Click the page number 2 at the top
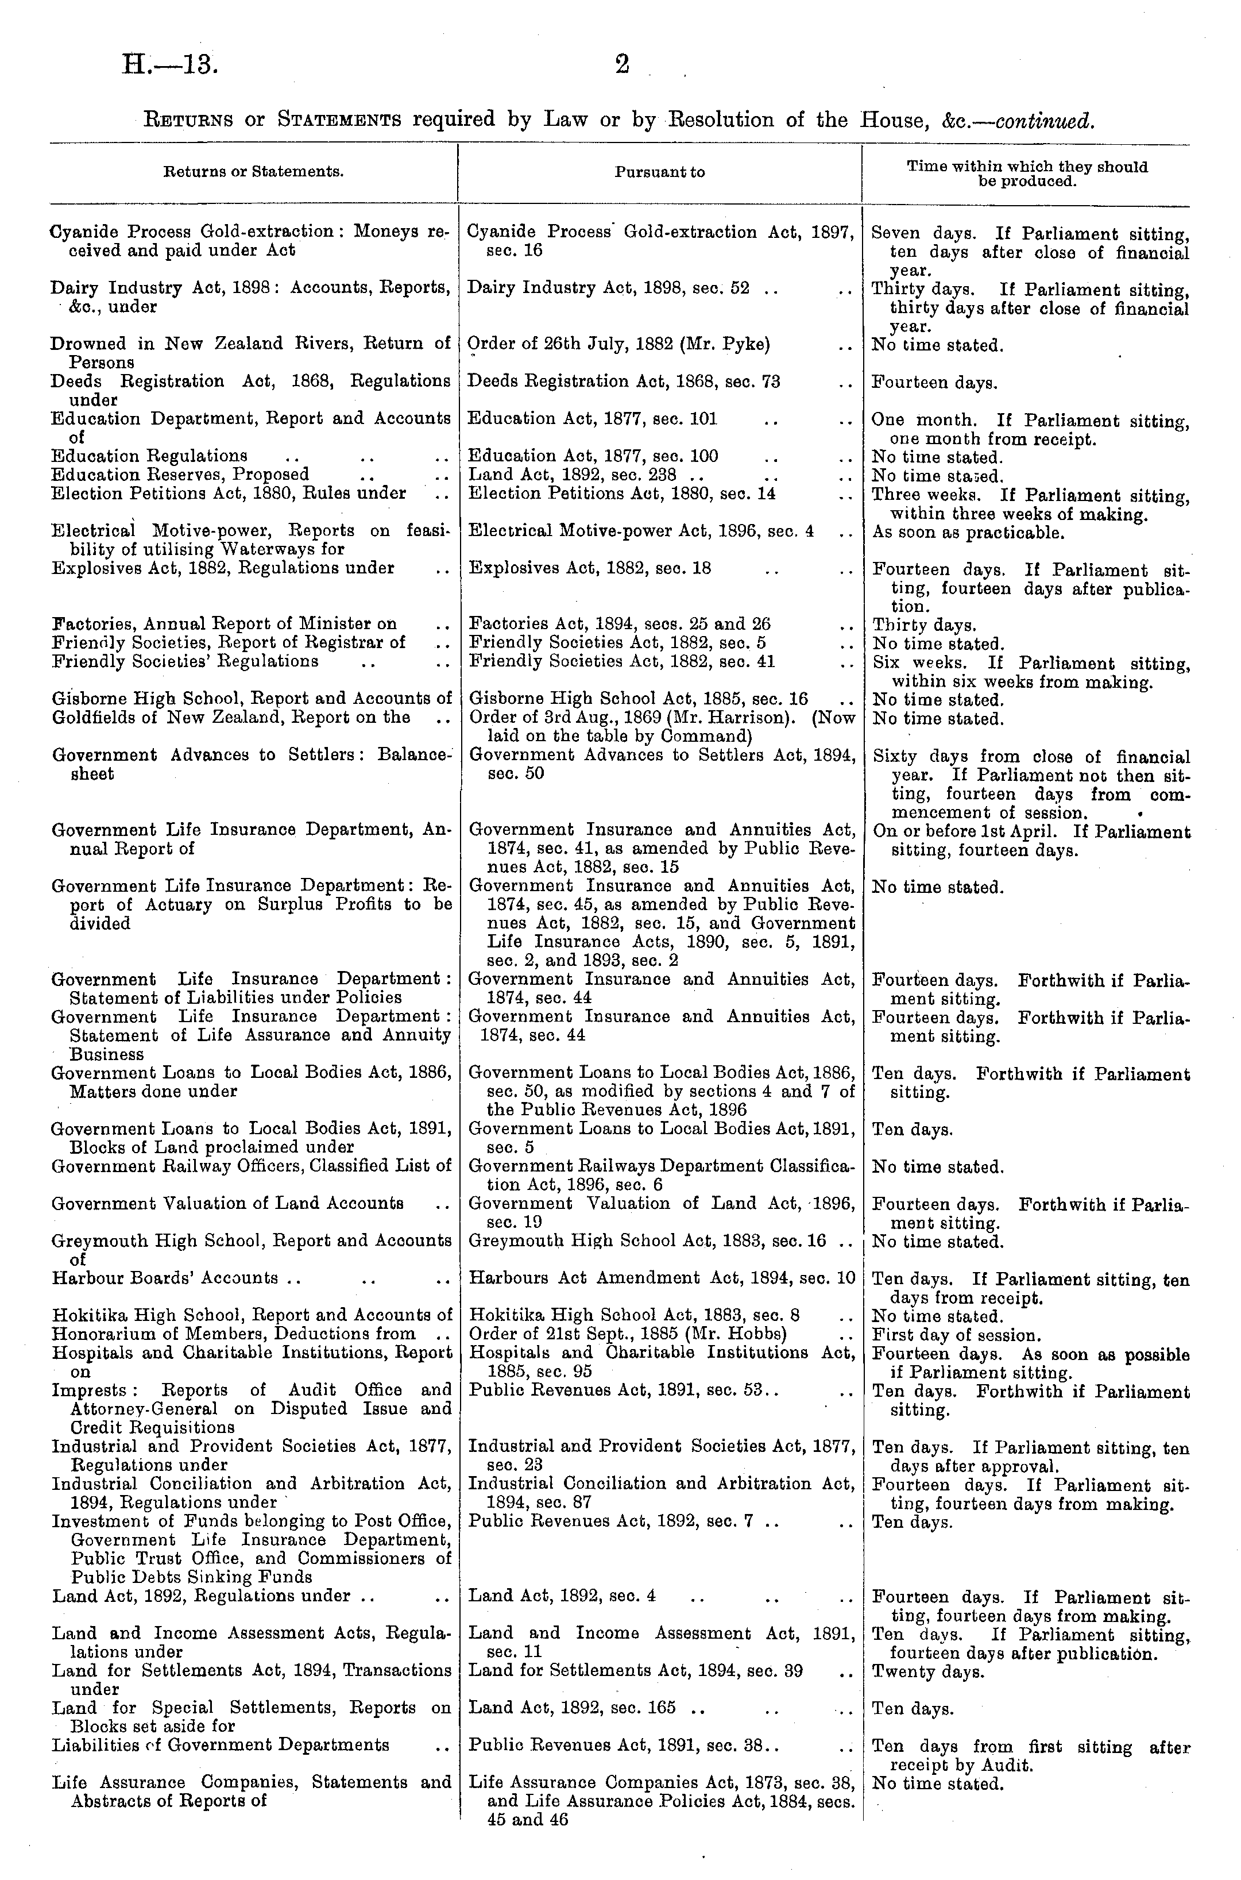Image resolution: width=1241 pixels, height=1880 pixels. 622,66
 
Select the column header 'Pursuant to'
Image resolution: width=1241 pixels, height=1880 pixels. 659,172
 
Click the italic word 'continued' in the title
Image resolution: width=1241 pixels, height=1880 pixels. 1044,121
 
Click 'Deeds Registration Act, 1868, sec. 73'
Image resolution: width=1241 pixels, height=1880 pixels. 624,382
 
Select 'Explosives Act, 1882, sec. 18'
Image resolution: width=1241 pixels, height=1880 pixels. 590,568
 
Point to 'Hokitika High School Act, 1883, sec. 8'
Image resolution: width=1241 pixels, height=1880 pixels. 633,1315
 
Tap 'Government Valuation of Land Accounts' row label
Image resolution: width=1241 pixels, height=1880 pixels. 228,1204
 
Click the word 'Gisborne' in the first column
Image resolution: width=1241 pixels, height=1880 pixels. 86,699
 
